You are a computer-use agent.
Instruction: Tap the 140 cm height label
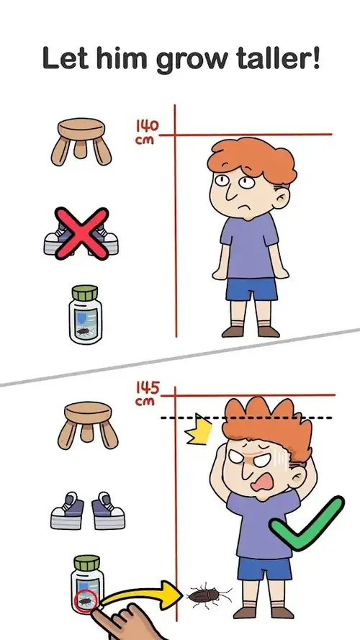click(147, 132)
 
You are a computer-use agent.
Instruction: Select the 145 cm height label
click(148, 394)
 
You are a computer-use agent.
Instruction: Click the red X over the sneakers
click(81, 233)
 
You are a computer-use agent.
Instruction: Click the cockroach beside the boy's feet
click(209, 596)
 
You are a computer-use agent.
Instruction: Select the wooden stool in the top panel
click(81, 141)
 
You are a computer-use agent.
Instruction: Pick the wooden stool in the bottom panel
click(87, 425)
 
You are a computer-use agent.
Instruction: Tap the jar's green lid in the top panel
click(85, 293)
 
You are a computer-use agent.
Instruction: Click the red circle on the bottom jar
click(86, 601)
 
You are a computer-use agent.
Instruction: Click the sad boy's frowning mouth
click(246, 204)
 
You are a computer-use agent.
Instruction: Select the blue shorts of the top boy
click(251, 289)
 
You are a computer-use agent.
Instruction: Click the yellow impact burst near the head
click(199, 430)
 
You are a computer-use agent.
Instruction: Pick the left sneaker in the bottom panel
click(68, 510)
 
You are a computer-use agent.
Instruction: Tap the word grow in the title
click(194, 60)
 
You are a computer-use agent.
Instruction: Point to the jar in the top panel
click(85, 315)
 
